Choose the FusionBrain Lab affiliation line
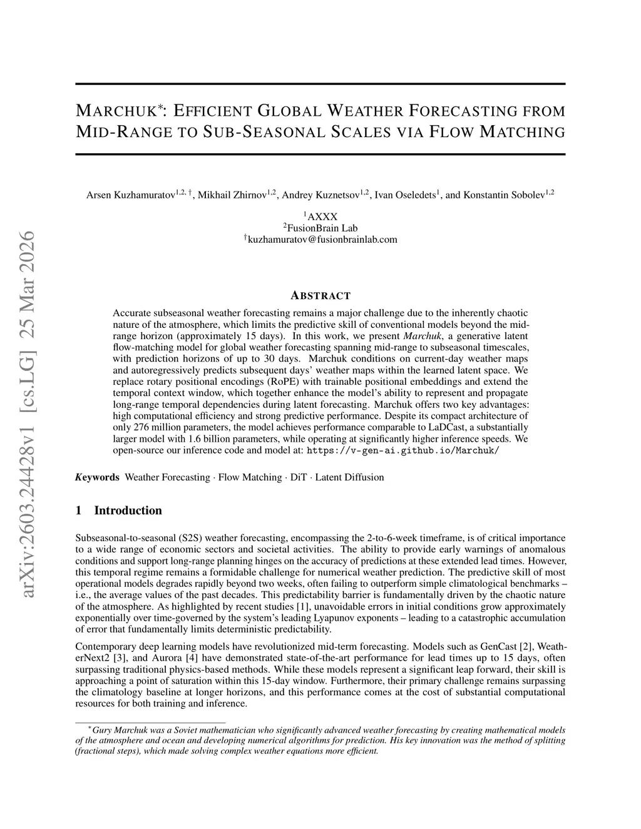(x=322, y=228)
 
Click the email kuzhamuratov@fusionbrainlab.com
(x=322, y=240)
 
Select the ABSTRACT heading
(x=320, y=296)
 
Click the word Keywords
(x=98, y=477)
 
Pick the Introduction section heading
(x=128, y=511)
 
